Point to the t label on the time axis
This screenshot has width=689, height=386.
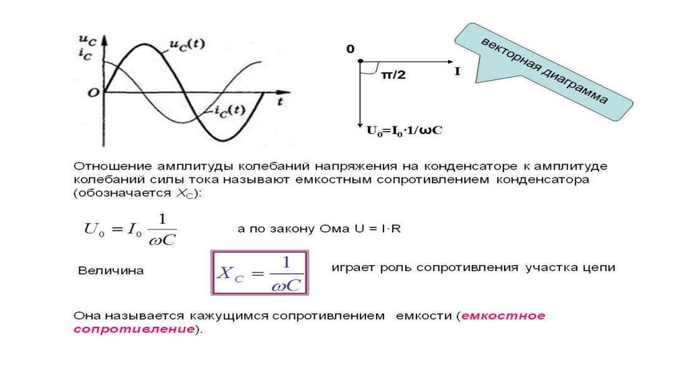(279, 102)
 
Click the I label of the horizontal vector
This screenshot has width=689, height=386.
(458, 71)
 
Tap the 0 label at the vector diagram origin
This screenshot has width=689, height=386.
(350, 50)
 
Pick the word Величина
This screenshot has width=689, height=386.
(111, 271)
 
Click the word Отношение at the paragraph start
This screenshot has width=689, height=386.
(110, 165)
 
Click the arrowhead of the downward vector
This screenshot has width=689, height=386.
(361, 120)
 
